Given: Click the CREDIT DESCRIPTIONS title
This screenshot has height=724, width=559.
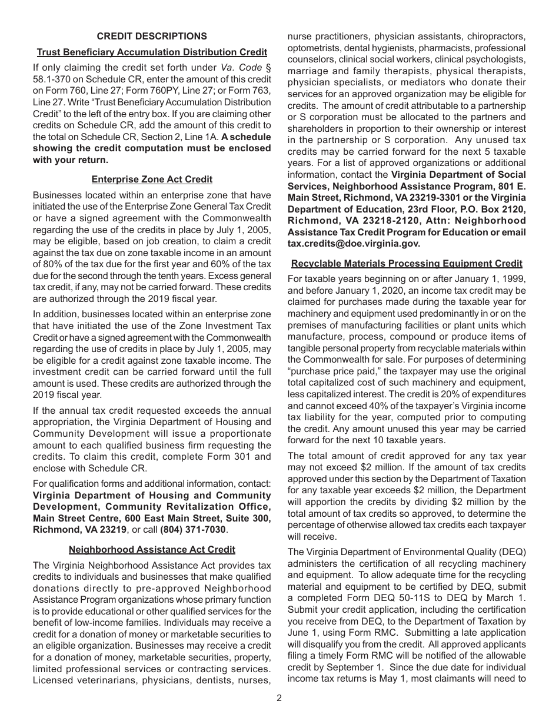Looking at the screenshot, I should (x=152, y=36).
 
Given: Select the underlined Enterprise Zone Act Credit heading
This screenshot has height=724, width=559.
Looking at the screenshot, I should (x=152, y=180).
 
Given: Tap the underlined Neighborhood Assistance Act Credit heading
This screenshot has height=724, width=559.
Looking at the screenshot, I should (x=152, y=549).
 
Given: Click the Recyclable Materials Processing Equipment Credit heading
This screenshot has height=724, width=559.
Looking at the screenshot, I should (x=407, y=264).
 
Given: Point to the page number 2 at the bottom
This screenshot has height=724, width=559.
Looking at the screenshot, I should (x=279, y=698).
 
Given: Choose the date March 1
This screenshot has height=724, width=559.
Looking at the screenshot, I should (x=507, y=598).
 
